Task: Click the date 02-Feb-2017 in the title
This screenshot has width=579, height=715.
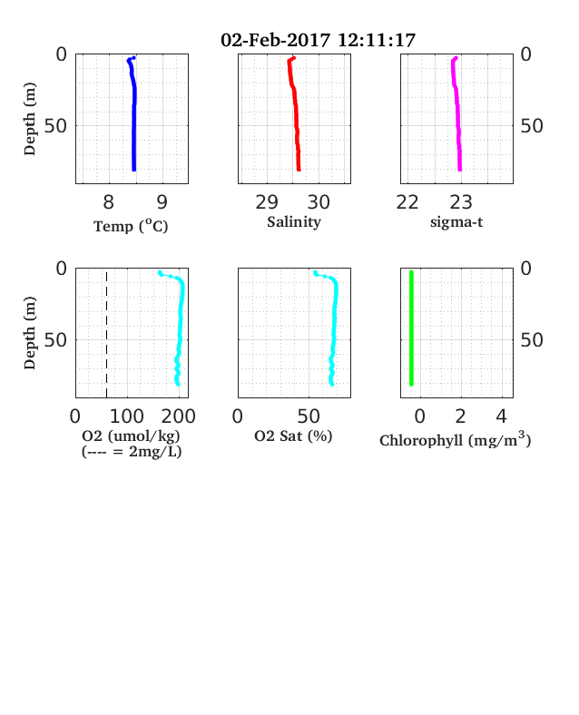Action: coord(275,40)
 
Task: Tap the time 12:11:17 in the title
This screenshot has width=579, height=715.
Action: coord(377,40)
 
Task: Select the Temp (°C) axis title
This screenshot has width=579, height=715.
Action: coord(131,226)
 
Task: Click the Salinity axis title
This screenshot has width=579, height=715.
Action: coord(294,222)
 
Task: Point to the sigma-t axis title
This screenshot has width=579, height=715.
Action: coord(456,222)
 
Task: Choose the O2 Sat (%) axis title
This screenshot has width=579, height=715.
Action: coord(293,436)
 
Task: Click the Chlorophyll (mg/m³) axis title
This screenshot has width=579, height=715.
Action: coord(455,439)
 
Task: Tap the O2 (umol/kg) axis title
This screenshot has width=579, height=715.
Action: coord(132,436)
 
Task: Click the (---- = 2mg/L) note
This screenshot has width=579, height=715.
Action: coord(132,452)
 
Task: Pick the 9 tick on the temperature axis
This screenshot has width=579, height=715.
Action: coord(162,202)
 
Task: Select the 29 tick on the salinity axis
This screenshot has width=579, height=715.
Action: coord(267,202)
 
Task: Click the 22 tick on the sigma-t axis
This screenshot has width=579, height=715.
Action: coord(407,202)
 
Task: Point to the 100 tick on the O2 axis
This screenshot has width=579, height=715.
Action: coord(127,416)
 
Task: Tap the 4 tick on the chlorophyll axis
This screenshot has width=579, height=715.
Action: coord(502,416)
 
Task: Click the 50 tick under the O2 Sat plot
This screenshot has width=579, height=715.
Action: coord(309,416)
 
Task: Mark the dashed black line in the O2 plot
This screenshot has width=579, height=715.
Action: coord(107,335)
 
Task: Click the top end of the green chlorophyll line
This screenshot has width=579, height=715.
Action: coord(411,272)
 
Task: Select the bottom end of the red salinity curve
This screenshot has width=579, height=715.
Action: coord(299,170)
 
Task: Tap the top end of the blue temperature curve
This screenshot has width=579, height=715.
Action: coord(133,58)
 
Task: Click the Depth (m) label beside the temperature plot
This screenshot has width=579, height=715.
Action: coord(30,119)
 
